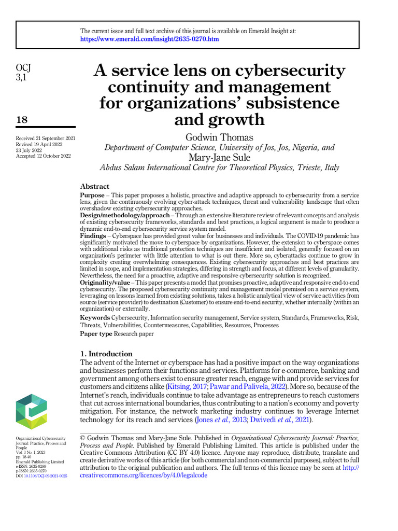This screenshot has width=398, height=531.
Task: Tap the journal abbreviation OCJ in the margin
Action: (x=24, y=68)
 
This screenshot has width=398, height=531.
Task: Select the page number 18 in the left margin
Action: (x=22, y=120)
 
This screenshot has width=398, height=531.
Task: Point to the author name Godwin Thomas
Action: (x=219, y=137)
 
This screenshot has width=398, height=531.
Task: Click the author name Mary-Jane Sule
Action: (x=219, y=157)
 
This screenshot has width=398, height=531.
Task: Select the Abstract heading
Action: (x=95, y=186)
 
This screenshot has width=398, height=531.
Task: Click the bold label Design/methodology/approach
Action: (x=124, y=215)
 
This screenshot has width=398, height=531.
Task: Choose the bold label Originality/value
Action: (x=104, y=282)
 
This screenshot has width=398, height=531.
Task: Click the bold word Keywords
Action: (x=95, y=317)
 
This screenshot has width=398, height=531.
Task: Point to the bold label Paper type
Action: (x=96, y=333)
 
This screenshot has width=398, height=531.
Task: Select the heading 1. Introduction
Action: (x=106, y=354)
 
